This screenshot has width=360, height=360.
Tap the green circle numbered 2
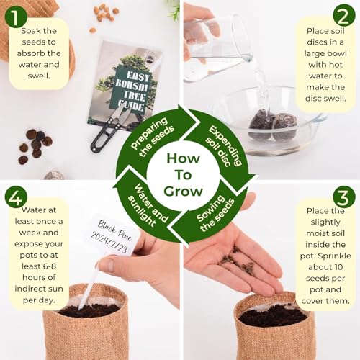pos(343,17)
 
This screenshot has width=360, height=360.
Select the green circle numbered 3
pos(343,198)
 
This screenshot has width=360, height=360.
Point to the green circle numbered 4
pos(17,198)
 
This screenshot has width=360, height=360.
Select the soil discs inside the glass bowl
pos(271,123)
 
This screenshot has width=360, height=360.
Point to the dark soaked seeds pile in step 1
pos(35,143)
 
